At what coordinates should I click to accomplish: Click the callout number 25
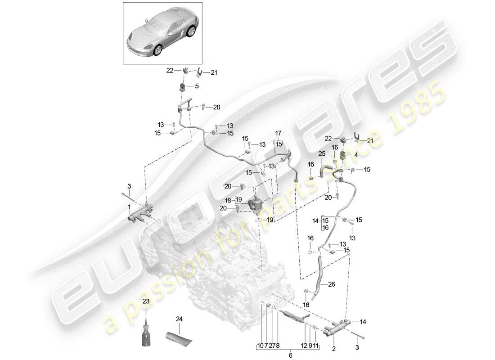322,154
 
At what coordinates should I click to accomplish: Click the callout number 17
278,133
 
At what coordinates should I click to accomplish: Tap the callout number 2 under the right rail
334,348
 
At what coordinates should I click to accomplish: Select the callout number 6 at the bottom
290,355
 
